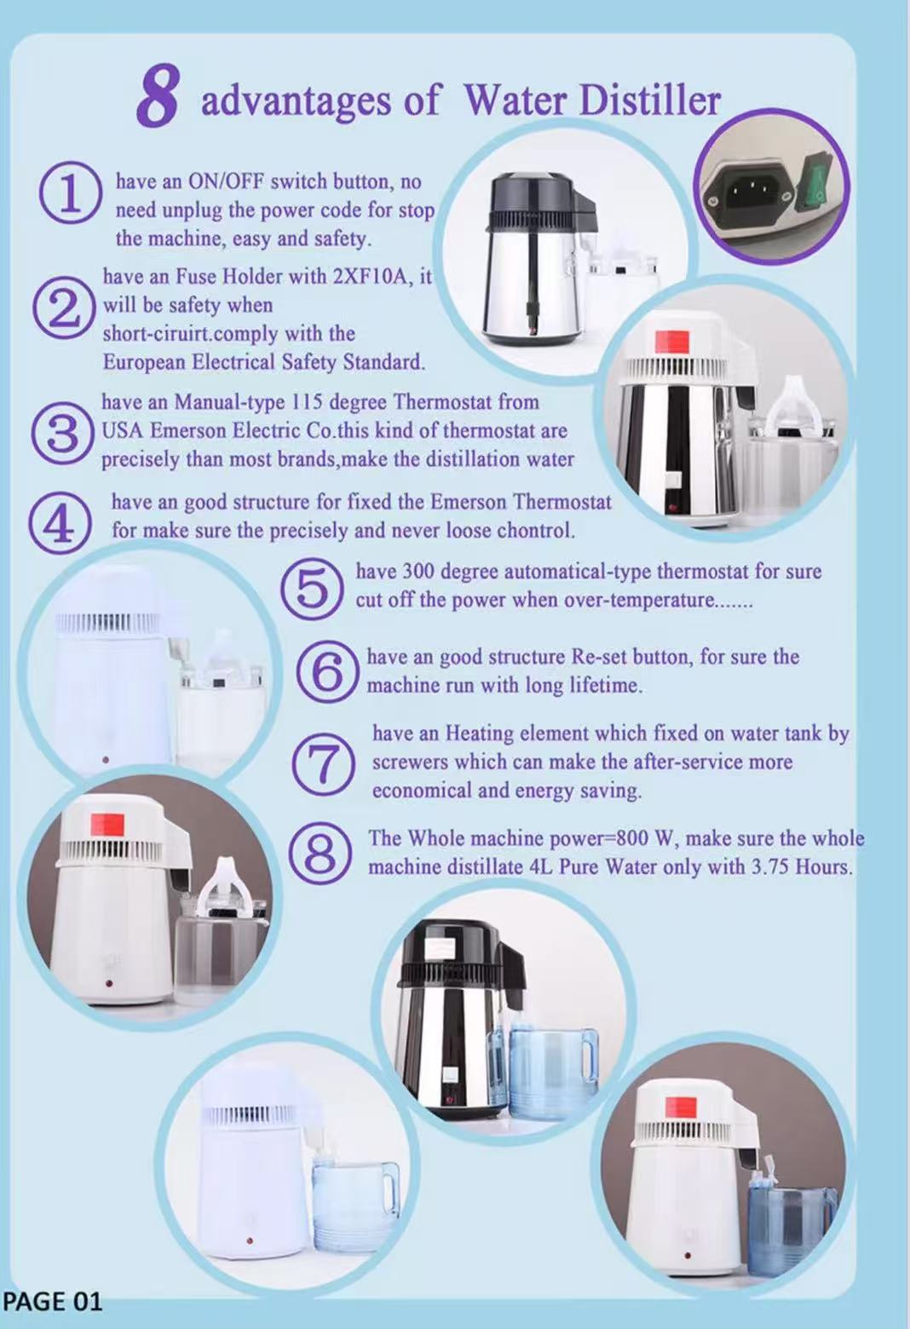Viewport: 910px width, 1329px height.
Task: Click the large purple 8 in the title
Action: [158, 95]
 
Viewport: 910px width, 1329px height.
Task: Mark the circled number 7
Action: [325, 763]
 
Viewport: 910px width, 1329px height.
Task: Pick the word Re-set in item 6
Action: [599, 657]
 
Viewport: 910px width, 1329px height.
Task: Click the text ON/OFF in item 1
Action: [226, 181]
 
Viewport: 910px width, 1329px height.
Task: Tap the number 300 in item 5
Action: [419, 572]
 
